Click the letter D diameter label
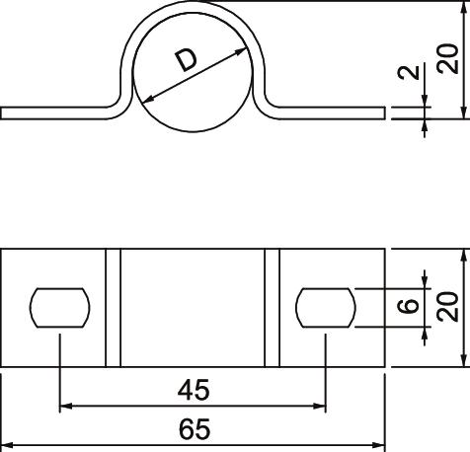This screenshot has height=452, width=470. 187,60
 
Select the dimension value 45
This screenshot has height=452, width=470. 194,390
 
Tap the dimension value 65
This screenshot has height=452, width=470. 195,429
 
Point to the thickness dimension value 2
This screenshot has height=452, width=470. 409,72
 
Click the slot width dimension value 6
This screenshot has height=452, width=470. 409,306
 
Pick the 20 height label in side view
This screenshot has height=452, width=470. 447,59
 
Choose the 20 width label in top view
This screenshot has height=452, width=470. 447,307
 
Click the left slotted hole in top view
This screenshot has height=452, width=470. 59,308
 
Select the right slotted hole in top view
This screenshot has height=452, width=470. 326,308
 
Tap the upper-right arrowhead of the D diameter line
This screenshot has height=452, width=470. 242,50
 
